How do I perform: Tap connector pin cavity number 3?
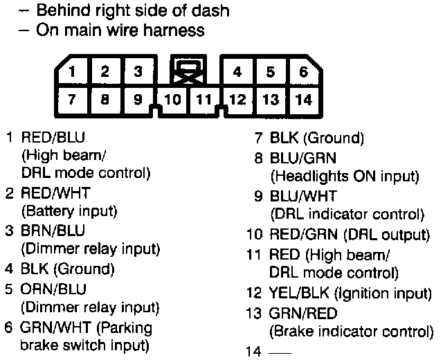138,71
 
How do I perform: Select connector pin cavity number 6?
303,71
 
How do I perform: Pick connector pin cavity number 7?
72,99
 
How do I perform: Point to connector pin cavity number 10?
173,100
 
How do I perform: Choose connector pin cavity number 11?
203,100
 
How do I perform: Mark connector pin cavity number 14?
303,100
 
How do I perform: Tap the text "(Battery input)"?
69,210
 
